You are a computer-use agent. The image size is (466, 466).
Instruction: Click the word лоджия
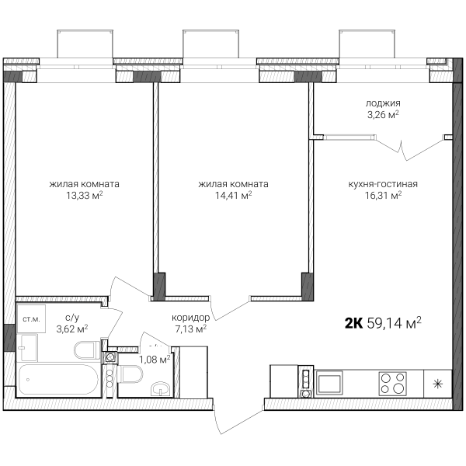(x=383, y=103)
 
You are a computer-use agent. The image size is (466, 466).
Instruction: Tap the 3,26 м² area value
(x=383, y=114)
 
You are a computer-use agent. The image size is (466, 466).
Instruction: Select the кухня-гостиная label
(x=383, y=184)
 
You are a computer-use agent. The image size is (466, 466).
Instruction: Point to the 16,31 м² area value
(x=383, y=195)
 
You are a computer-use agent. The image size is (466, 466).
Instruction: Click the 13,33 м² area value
(x=85, y=195)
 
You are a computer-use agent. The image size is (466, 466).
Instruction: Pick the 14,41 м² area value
(x=233, y=195)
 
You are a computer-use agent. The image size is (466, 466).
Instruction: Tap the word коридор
(x=190, y=318)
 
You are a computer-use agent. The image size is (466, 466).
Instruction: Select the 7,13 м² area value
(x=190, y=329)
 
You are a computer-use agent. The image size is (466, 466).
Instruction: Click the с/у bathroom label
(x=72, y=318)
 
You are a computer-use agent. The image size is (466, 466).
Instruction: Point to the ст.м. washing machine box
(x=31, y=318)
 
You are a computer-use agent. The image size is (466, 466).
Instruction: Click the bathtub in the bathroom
(x=58, y=380)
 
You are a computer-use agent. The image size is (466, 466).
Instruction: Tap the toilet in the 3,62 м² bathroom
(x=87, y=350)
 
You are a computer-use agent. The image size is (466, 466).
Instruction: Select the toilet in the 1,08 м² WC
(x=130, y=374)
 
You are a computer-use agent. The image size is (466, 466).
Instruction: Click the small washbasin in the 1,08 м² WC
(x=160, y=389)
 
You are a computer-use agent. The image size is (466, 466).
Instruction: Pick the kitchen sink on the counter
(x=329, y=384)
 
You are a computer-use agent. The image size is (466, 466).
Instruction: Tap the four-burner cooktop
(x=392, y=384)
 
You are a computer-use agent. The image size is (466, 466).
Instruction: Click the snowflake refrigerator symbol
(x=438, y=384)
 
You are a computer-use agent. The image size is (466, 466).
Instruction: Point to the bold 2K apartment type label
(x=353, y=323)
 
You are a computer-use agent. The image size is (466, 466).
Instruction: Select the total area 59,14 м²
(x=394, y=322)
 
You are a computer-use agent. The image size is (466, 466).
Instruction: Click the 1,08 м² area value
(x=155, y=360)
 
